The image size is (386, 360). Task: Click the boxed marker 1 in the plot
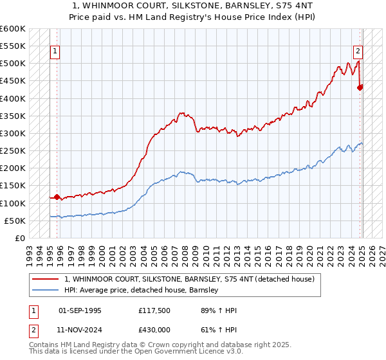click(x=55, y=52)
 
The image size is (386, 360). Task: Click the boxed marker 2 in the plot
click(x=358, y=52)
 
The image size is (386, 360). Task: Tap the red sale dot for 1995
click(x=57, y=197)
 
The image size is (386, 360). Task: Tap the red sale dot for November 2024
click(x=360, y=87)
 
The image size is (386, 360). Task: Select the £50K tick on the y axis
click(x=15, y=221)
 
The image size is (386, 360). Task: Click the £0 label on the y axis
click(x=19, y=238)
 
